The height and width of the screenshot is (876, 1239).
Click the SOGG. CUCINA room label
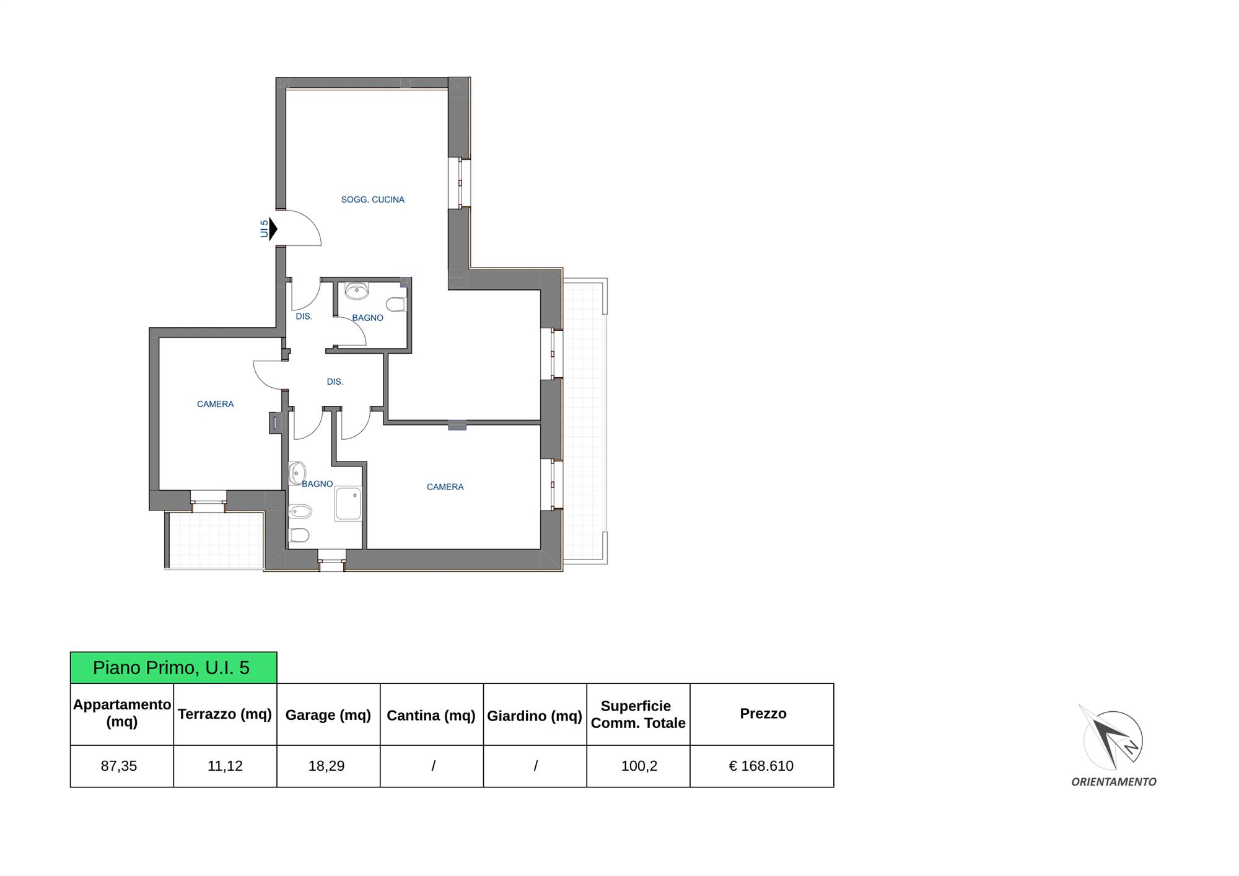(x=372, y=199)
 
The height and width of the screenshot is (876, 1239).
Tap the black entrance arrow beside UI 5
(x=273, y=229)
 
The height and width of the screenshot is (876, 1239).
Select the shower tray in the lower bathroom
(x=348, y=504)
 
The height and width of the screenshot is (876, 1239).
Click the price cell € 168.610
(x=761, y=766)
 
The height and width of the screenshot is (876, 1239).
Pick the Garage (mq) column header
(x=328, y=715)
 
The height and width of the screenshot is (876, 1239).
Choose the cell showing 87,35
(x=119, y=766)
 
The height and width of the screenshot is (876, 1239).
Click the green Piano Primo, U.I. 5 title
(x=173, y=667)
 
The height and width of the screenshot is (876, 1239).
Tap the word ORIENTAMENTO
(x=1114, y=782)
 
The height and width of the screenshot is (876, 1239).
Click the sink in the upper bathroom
(x=357, y=290)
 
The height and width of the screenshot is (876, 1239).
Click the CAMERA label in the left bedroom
(x=215, y=404)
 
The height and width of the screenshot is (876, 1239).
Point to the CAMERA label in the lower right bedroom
(x=445, y=487)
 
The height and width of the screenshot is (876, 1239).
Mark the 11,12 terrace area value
(x=225, y=766)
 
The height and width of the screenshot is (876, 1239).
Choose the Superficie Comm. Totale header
(x=637, y=714)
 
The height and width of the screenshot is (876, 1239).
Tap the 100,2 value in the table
(x=639, y=766)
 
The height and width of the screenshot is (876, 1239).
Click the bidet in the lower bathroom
(x=300, y=512)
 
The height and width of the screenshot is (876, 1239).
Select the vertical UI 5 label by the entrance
(x=265, y=229)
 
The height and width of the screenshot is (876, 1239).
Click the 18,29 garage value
(x=326, y=766)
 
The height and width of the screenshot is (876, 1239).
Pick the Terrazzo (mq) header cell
(x=225, y=714)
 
